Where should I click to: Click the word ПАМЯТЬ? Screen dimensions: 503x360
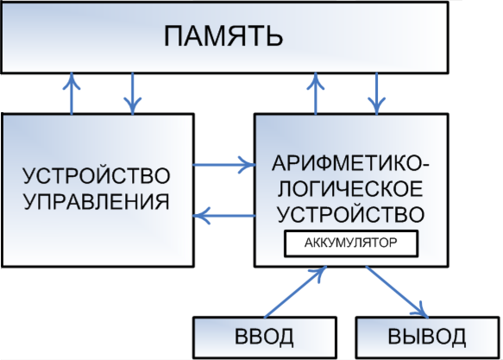[x=223, y=36]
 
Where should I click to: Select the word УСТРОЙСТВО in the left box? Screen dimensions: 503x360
[x=97, y=175]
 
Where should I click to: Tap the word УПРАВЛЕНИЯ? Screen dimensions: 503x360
[x=97, y=202]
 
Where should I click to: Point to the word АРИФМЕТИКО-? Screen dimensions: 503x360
[x=350, y=163]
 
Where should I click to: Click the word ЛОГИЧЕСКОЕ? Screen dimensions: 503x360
[x=350, y=189]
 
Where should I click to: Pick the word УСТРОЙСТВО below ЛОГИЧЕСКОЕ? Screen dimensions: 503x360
[x=351, y=214]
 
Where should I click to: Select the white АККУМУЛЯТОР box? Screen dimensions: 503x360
[x=351, y=243]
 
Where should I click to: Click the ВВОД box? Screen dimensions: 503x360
[x=265, y=338]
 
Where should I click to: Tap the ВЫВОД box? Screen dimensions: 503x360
[x=427, y=338]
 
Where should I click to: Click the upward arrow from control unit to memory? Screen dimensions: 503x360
[x=72, y=93]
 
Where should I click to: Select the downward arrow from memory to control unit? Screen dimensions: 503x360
[x=133, y=93]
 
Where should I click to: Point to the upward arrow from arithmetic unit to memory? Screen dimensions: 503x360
[x=316, y=93]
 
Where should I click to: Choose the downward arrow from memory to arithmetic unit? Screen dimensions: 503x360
[x=377, y=93]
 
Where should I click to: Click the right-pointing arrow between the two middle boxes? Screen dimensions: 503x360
[x=224, y=165]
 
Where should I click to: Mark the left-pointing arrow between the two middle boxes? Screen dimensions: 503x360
[x=224, y=216]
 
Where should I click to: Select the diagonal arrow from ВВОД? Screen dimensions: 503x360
[x=295, y=293]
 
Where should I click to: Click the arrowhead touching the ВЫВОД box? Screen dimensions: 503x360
[x=423, y=311]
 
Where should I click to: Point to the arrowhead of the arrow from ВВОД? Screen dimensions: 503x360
[x=319, y=273]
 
